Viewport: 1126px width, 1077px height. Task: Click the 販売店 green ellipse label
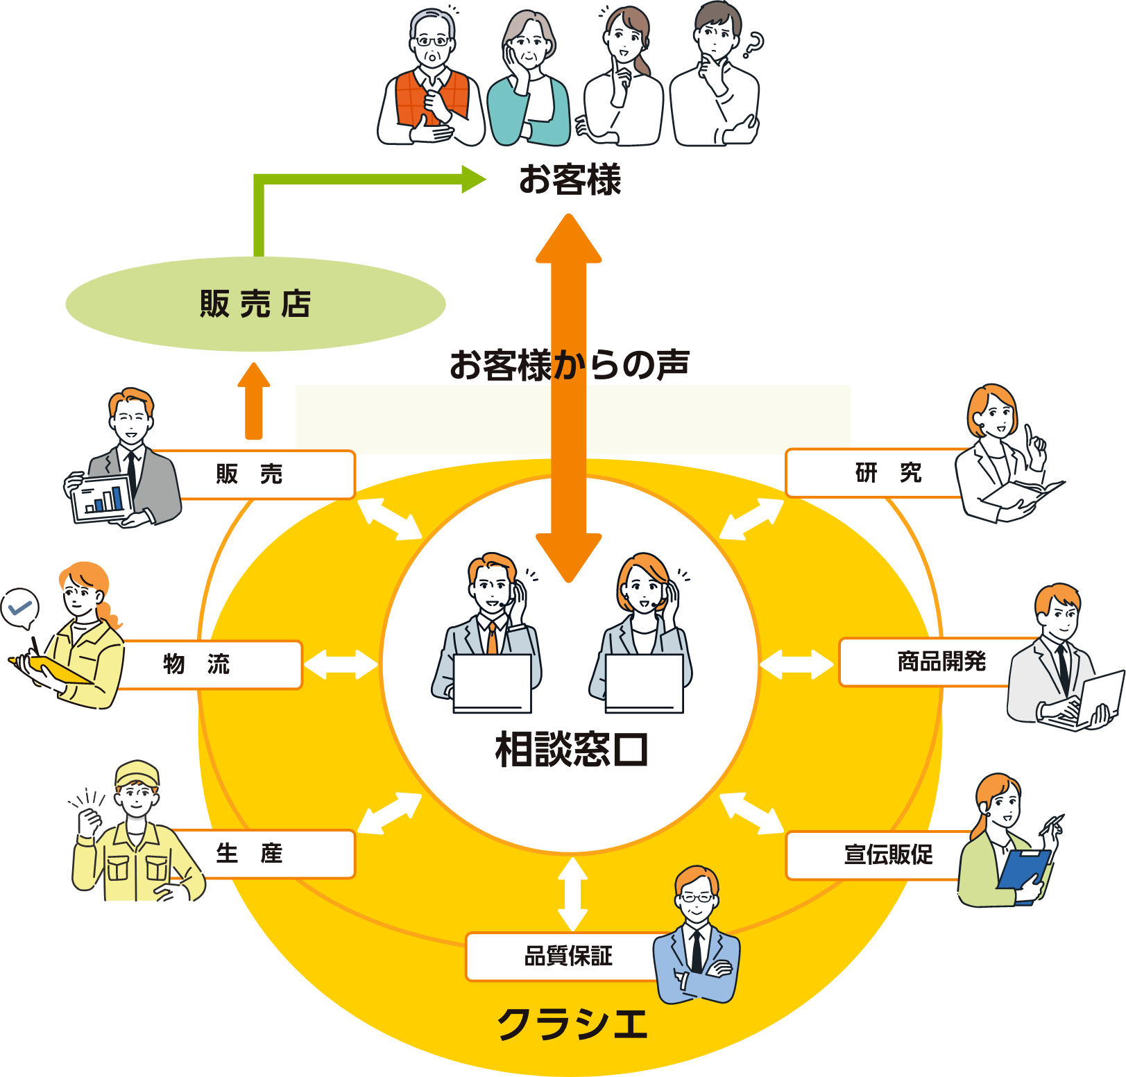click(255, 304)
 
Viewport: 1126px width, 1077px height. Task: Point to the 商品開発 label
click(941, 662)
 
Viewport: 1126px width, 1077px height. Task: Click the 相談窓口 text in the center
click(571, 750)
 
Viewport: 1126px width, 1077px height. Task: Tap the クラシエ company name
click(572, 1024)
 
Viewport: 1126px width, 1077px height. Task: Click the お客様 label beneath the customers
click(570, 180)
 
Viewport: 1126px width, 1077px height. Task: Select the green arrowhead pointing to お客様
click(475, 179)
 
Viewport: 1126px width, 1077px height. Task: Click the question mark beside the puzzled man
click(753, 46)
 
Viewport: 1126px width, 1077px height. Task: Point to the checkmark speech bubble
click(19, 608)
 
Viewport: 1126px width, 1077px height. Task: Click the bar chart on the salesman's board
click(103, 499)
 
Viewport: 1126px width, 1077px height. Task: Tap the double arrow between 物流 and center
click(341, 664)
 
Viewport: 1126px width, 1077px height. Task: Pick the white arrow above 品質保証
click(572, 895)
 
